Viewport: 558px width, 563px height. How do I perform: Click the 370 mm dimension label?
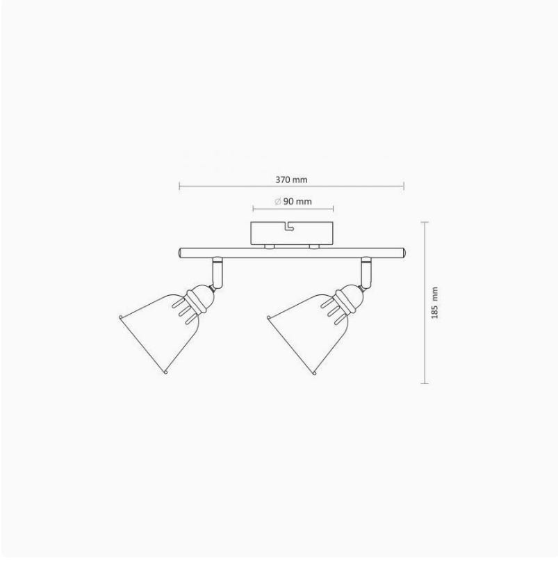291,180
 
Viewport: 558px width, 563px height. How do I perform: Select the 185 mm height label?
434,303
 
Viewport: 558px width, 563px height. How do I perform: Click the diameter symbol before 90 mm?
277,201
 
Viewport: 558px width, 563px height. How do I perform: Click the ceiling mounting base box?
293,234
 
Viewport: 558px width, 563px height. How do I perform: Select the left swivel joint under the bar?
218,273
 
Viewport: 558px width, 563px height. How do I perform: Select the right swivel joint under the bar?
367,273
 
